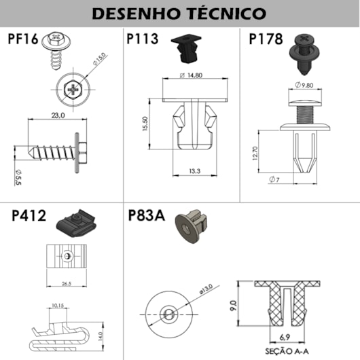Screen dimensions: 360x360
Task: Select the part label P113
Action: click(143, 39)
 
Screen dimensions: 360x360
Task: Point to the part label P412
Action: click(29, 216)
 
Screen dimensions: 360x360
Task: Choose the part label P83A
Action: click(146, 216)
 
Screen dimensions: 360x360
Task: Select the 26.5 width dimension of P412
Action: click(66, 283)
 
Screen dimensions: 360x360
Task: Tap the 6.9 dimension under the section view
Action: click(285, 337)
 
